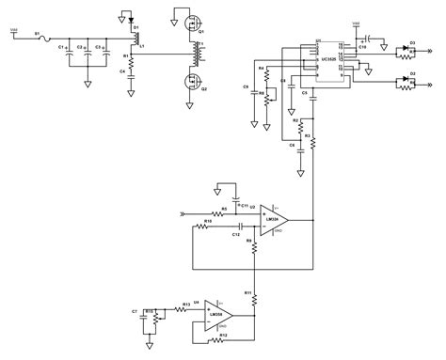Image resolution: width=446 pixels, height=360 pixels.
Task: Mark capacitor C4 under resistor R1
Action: [x=132, y=86]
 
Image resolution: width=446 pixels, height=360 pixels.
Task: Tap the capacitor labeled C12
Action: [x=240, y=227]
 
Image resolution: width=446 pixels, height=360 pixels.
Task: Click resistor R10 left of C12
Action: [x=206, y=227]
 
